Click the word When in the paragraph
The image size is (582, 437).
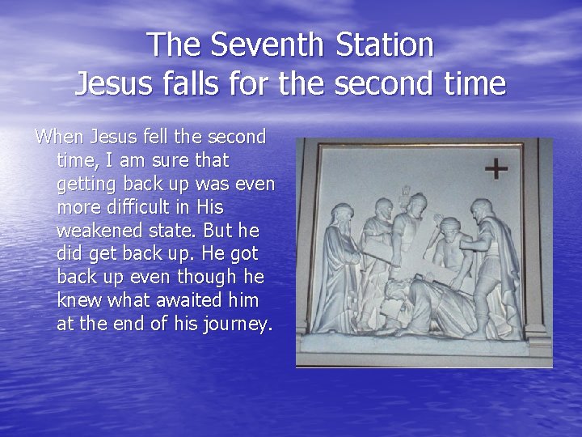pyautogui.click(x=57, y=137)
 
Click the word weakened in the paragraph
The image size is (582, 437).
pyautogui.click(x=96, y=231)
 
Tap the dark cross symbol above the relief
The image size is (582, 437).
pyautogui.click(x=496, y=169)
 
